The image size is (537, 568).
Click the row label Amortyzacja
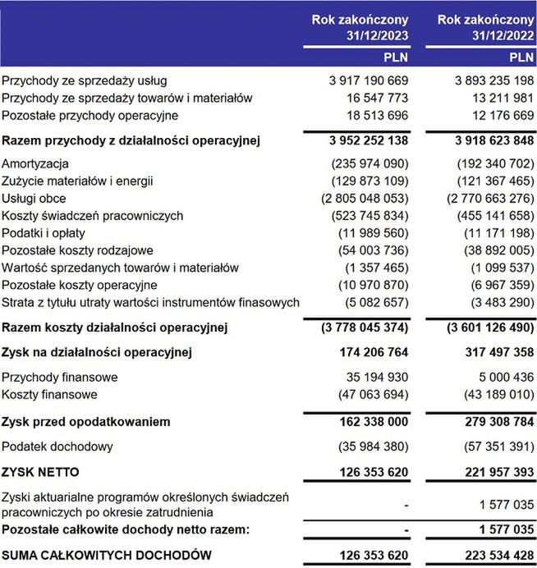[x=35, y=164]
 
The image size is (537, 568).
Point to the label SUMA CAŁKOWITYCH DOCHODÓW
[x=107, y=556]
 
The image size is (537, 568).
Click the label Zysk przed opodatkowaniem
[x=86, y=422]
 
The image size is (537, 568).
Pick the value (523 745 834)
[x=363, y=216]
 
